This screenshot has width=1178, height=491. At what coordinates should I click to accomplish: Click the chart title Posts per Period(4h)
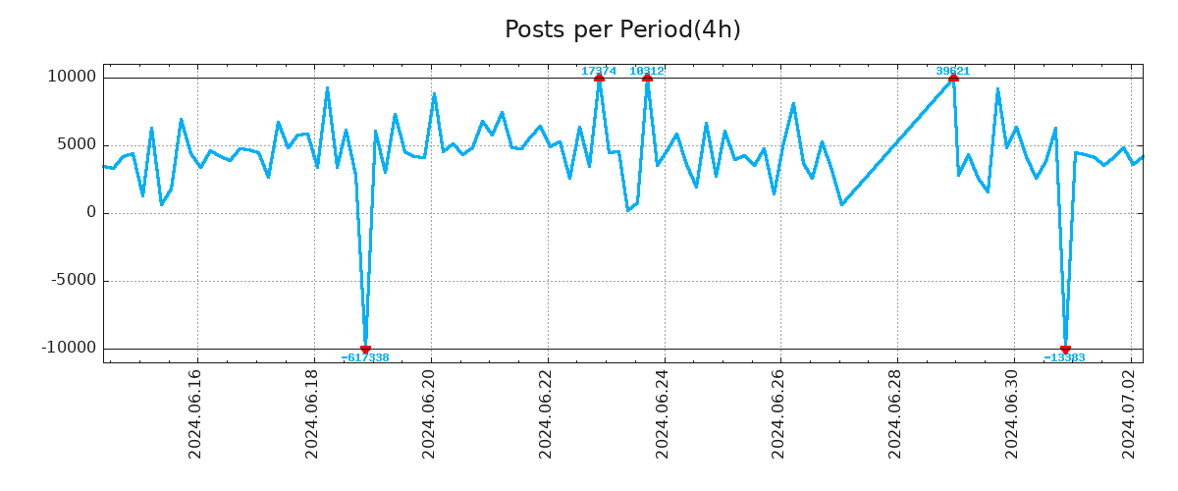click(x=622, y=29)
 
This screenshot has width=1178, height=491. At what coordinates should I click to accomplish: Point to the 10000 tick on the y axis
click(x=73, y=77)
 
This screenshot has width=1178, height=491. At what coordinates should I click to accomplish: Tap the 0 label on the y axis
click(x=91, y=212)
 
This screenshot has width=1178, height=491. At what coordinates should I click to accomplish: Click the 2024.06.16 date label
click(x=195, y=413)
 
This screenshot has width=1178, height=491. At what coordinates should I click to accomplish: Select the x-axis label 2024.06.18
click(x=312, y=413)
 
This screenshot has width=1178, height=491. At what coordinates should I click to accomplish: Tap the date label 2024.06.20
click(x=429, y=413)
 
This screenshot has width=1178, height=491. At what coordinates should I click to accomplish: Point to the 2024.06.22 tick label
click(x=546, y=413)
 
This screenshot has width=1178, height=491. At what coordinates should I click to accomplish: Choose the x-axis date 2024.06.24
click(x=663, y=413)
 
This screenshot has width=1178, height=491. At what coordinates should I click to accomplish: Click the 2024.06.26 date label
click(x=779, y=413)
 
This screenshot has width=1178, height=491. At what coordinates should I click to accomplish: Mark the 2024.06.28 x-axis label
click(x=896, y=413)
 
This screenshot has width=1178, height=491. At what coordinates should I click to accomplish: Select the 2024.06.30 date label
click(x=1013, y=413)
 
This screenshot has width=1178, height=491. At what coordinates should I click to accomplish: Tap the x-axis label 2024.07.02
click(x=1130, y=413)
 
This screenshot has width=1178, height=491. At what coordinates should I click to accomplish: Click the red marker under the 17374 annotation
click(x=599, y=78)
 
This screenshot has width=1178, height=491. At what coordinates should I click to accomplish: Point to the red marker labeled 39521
click(x=953, y=78)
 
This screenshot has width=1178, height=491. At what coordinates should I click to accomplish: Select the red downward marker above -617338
click(x=365, y=349)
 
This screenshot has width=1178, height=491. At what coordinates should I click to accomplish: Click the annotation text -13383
click(x=1064, y=358)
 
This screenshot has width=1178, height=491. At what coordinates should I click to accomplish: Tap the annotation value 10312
click(x=647, y=71)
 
